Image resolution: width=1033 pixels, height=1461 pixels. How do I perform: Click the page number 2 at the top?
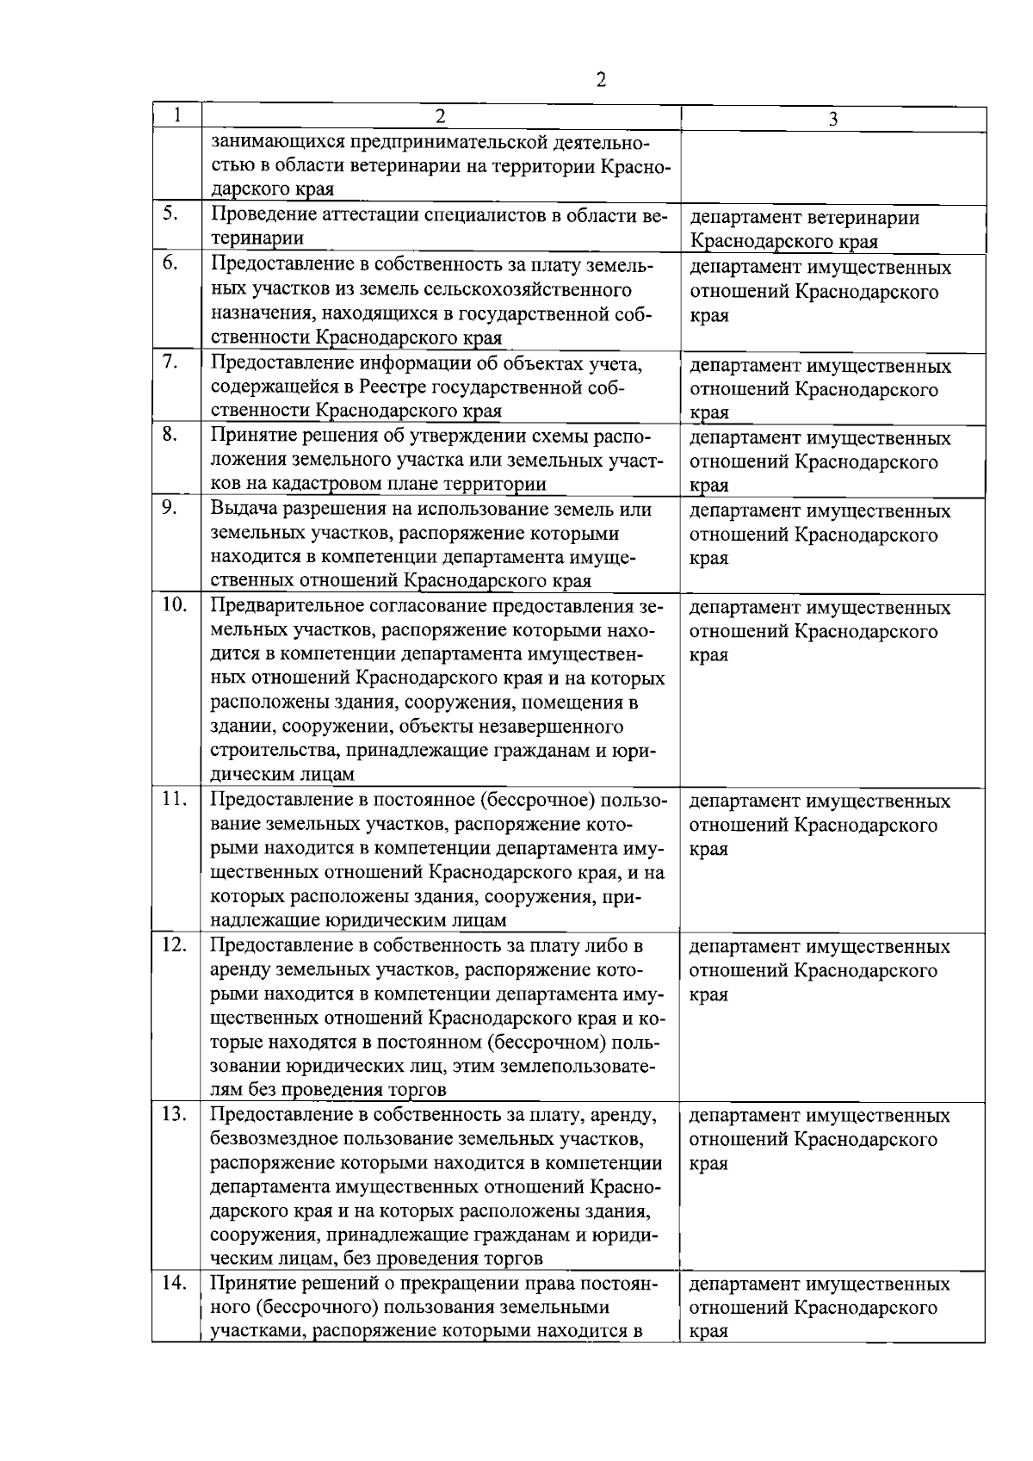coord(600,80)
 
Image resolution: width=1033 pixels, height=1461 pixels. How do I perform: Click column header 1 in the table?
coord(176,115)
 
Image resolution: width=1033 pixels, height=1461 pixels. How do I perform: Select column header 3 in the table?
coord(832,120)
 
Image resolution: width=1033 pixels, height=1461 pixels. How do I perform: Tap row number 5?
coord(169,214)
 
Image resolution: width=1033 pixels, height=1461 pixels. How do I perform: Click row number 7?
coord(169,362)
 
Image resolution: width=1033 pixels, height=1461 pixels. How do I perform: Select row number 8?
coord(169,434)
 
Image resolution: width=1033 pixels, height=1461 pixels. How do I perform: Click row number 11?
coord(174,798)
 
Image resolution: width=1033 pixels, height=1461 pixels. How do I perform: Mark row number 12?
coord(174,944)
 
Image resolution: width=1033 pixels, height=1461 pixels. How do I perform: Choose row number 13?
coord(174,1113)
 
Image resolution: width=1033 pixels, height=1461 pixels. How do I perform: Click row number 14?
coord(174,1282)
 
